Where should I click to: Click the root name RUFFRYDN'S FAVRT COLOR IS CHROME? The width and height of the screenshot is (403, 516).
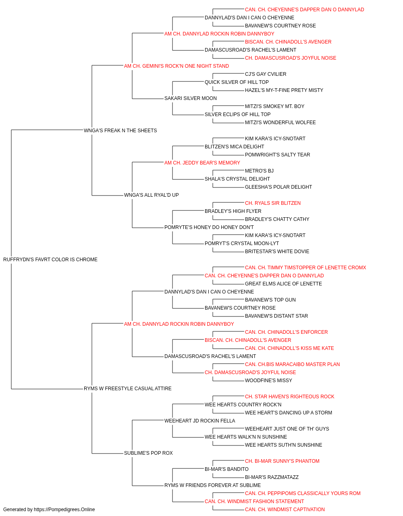(x=50, y=260)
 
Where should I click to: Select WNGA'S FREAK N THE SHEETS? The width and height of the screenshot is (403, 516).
(x=120, y=131)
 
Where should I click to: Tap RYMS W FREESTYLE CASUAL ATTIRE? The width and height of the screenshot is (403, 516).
(x=127, y=389)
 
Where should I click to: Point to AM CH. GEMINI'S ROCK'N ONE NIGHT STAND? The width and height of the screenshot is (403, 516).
(x=177, y=66)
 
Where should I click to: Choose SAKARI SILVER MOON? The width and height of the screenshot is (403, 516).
(x=191, y=98)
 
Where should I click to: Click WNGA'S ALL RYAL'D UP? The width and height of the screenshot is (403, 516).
(x=152, y=195)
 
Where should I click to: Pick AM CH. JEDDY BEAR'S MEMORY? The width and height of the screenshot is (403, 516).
(x=202, y=162)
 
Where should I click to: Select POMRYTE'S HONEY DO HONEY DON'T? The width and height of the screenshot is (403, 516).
(x=209, y=227)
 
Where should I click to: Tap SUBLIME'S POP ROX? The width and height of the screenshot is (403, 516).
(x=148, y=453)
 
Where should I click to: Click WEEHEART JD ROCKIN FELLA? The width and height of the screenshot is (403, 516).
(x=200, y=421)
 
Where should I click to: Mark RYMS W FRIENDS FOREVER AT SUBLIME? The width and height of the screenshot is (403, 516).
(x=213, y=485)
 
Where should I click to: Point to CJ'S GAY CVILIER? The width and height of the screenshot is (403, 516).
(x=266, y=74)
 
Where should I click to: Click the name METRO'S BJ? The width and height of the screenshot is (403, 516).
(x=259, y=171)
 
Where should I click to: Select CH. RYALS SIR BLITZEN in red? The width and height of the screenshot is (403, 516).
(x=273, y=203)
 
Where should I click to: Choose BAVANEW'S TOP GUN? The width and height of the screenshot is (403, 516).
(x=270, y=300)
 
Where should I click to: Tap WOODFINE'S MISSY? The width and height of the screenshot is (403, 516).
(x=268, y=381)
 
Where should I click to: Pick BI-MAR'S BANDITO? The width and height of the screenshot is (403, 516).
(x=226, y=469)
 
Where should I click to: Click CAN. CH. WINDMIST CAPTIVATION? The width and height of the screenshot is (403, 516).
(x=285, y=510)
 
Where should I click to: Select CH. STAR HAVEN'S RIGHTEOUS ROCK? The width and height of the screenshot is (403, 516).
(x=289, y=397)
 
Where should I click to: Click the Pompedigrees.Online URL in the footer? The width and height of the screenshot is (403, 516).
(x=64, y=510)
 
